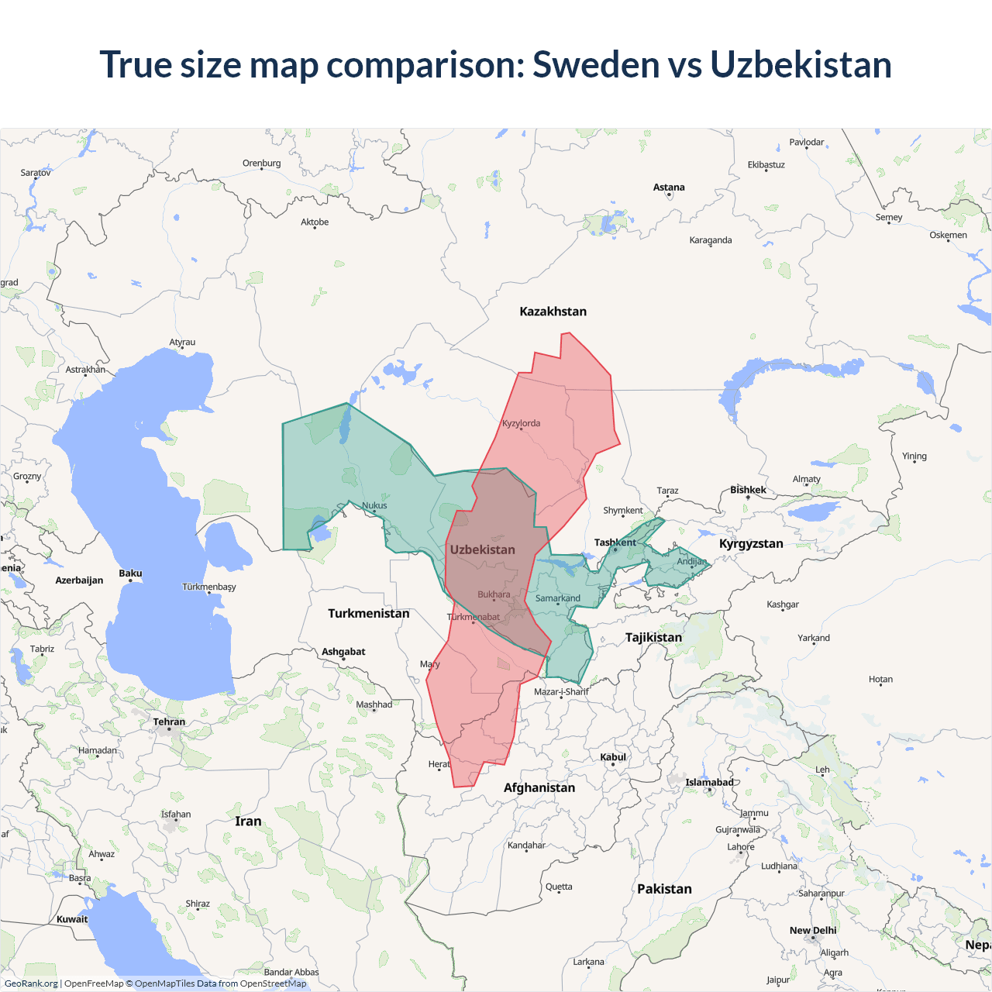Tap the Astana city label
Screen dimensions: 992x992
coord(669,188)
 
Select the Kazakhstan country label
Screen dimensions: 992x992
coord(553,312)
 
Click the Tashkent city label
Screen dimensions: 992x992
coord(615,542)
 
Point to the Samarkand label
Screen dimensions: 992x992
coord(557,598)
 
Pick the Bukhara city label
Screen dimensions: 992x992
coord(494,594)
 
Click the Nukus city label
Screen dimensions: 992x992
coord(374,505)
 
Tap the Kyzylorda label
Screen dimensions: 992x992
coord(521,423)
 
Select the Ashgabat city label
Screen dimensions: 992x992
coord(343,652)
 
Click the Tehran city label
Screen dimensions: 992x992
coord(169,722)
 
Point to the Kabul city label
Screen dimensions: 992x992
coord(612,757)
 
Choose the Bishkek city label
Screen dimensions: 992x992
coord(748,490)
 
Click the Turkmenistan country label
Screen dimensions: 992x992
coord(368,613)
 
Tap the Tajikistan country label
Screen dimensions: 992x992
coord(653,637)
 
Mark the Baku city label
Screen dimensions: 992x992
coord(130,573)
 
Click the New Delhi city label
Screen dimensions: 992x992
coord(813,930)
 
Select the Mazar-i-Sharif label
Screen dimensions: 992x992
coord(561,691)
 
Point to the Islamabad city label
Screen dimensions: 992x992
coord(709,782)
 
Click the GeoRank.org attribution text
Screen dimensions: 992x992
coord(31,983)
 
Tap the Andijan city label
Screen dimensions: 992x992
coord(691,561)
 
